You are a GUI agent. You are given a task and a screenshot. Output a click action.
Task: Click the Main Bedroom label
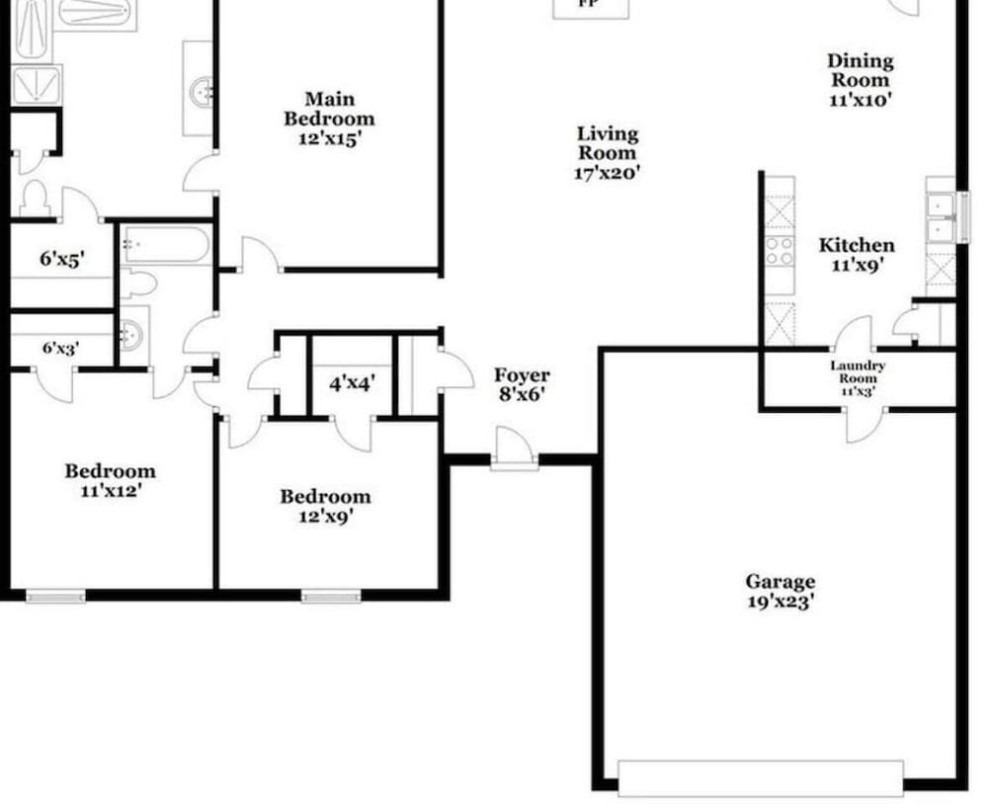click(x=329, y=109)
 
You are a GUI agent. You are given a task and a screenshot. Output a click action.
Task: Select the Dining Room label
click(x=860, y=71)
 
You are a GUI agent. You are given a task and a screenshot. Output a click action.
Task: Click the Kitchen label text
click(x=857, y=245)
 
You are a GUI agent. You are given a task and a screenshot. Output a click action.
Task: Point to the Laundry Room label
click(x=857, y=371)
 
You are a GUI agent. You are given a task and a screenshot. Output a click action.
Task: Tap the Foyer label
click(x=522, y=375)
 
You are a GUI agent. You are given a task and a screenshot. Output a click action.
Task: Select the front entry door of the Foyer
click(x=514, y=449)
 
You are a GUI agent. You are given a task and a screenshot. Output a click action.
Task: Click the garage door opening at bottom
click(x=760, y=777)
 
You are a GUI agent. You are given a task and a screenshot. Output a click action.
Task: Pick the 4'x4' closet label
click(x=352, y=382)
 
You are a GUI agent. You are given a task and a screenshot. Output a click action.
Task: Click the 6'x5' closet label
click(x=61, y=260)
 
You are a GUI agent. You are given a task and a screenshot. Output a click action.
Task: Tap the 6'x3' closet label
click(x=60, y=348)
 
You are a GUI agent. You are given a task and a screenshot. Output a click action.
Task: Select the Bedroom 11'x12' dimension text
click(x=111, y=490)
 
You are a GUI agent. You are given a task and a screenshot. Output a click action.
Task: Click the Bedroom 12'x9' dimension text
click(x=325, y=516)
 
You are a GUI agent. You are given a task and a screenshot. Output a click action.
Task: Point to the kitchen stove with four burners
click(x=780, y=251)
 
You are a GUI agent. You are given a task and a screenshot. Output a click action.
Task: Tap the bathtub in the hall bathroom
click(x=166, y=246)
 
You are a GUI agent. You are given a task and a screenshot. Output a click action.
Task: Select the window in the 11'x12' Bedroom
click(x=55, y=595)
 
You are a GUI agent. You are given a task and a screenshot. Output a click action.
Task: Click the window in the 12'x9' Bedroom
click(x=331, y=595)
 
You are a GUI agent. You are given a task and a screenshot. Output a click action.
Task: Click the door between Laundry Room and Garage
click(x=863, y=423)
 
